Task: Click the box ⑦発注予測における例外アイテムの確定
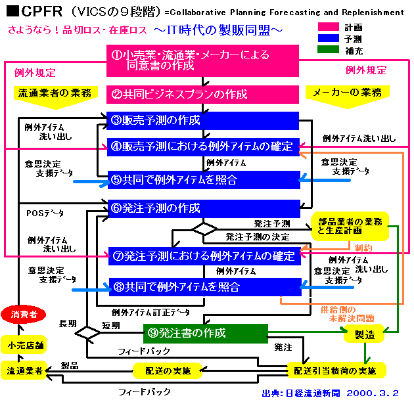tap(204, 256)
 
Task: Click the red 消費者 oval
tap(23, 315)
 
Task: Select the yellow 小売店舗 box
tap(23, 344)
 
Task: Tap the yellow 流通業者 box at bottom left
tap(23, 370)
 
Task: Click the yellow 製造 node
tap(364, 334)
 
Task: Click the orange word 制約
tap(363, 248)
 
